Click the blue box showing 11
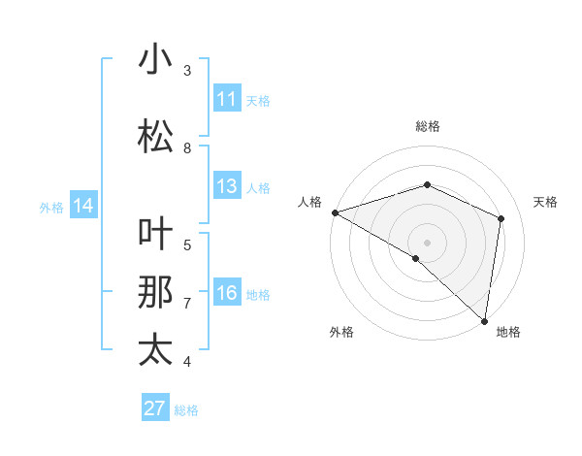227,99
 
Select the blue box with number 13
227,186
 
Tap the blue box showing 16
227,293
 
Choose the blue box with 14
83,206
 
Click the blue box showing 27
155,408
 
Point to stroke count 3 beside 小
187,71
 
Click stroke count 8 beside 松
187,148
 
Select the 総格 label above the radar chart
428,126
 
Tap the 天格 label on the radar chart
546,202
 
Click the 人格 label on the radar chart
310,202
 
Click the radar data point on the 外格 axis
416,258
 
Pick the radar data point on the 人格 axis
335,212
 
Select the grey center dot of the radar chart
428,243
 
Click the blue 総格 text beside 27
187,410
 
